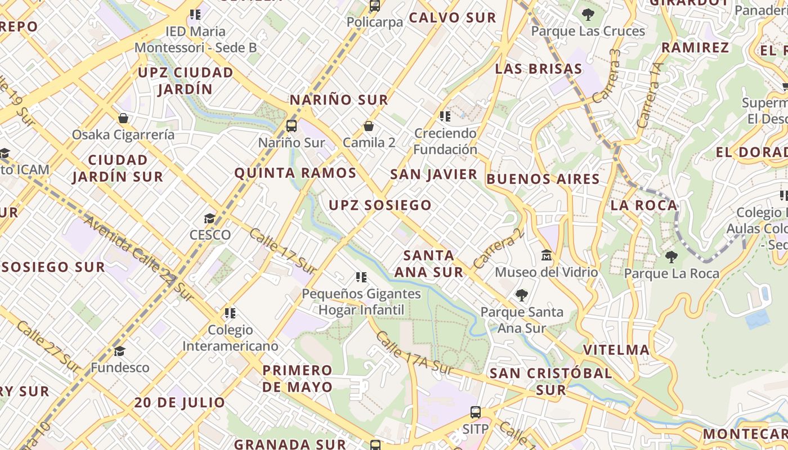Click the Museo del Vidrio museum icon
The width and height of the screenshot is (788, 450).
[546, 256]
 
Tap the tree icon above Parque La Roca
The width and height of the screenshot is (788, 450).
[671, 257]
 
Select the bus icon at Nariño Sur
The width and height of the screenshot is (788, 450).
[292, 126]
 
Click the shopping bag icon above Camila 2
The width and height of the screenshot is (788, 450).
[369, 126]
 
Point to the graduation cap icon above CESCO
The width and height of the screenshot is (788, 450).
[210, 218]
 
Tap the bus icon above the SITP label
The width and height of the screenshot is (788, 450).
[476, 412]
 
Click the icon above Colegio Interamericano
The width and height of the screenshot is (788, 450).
[230, 313]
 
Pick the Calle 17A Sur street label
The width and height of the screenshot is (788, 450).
[414, 353]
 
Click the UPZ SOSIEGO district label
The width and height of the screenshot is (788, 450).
[380, 205]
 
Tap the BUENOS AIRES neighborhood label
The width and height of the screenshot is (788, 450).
[543, 179]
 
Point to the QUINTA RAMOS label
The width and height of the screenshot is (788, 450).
[295, 173]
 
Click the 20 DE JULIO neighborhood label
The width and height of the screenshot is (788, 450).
[180, 403]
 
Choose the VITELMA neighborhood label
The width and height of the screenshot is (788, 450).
[616, 350]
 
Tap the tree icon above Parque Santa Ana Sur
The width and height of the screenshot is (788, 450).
[522, 295]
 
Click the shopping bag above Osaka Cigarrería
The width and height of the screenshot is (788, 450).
[123, 118]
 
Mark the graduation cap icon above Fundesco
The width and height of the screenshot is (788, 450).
[119, 352]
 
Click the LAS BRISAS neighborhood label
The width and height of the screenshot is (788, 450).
[539, 69]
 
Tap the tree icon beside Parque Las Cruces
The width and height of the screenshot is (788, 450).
[588, 15]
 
